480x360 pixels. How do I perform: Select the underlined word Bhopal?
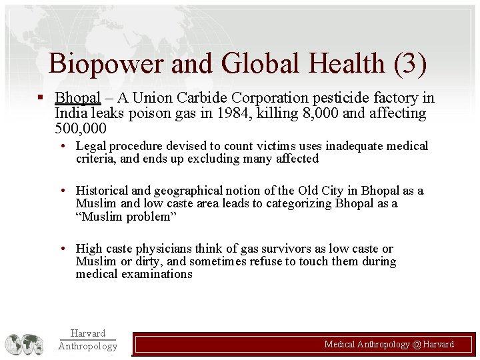point(77,98)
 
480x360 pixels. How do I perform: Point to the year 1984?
point(236,113)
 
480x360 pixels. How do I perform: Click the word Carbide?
point(193,98)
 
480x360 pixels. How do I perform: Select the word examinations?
point(157,274)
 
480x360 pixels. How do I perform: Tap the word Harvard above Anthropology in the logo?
point(87,333)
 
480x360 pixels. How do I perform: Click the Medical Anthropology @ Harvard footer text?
point(389,344)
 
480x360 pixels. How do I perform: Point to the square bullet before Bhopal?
point(41,98)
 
